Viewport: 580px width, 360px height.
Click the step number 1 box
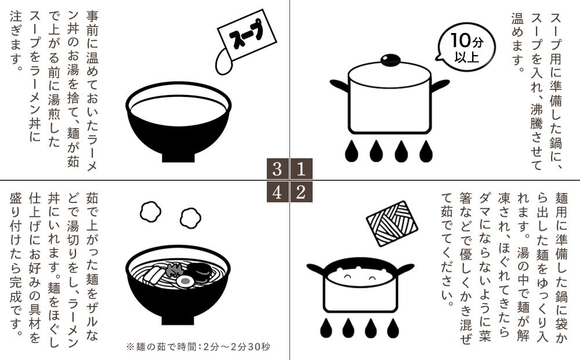click(x=301, y=169)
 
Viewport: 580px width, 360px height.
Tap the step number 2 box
click(x=301, y=192)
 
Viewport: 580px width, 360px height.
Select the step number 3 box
click(x=278, y=169)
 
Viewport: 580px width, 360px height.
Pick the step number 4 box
click(x=278, y=192)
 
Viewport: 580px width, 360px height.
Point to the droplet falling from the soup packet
click(x=223, y=61)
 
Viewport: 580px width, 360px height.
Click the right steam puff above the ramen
click(x=190, y=217)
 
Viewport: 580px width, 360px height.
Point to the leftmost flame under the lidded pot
click(x=351, y=151)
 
